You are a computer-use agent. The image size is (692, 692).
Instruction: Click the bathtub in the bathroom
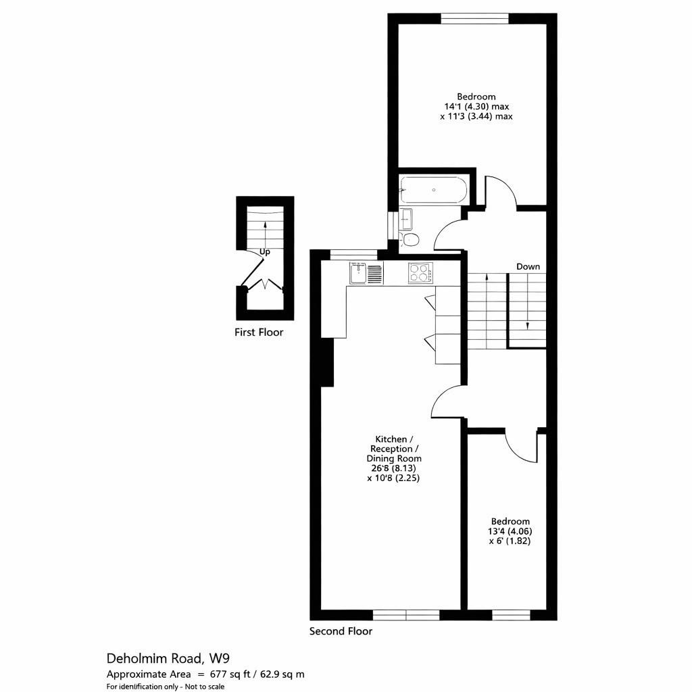pyautogui.click(x=433, y=190)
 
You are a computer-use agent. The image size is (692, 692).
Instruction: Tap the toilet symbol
pyautogui.click(x=410, y=239)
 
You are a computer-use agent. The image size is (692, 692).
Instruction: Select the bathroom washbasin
pyautogui.click(x=406, y=218)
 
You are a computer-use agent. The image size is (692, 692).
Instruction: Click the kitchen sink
pyautogui.click(x=357, y=273)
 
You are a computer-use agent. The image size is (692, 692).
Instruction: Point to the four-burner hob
pyautogui.click(x=420, y=273)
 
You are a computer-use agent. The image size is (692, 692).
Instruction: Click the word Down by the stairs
pyautogui.click(x=528, y=267)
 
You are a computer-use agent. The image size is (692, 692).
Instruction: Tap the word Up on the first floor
pyautogui.click(x=265, y=251)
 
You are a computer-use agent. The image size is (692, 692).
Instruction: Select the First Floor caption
pyautogui.click(x=259, y=332)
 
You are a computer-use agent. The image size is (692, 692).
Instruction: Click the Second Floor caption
pyautogui.click(x=341, y=632)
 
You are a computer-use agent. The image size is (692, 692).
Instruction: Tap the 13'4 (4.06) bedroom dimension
pyautogui.click(x=510, y=531)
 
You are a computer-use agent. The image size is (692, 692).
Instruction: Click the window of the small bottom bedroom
pyautogui.click(x=511, y=615)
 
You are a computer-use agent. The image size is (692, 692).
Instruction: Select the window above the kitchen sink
pyautogui.click(x=353, y=254)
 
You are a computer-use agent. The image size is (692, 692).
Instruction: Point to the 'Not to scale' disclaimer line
pyautogui.click(x=166, y=687)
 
